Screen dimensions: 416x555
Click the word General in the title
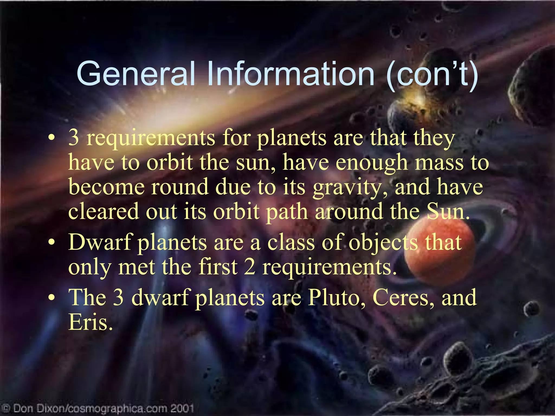point(136,74)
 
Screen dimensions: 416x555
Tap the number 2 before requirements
point(250,267)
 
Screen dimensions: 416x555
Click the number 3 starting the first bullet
point(74,138)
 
